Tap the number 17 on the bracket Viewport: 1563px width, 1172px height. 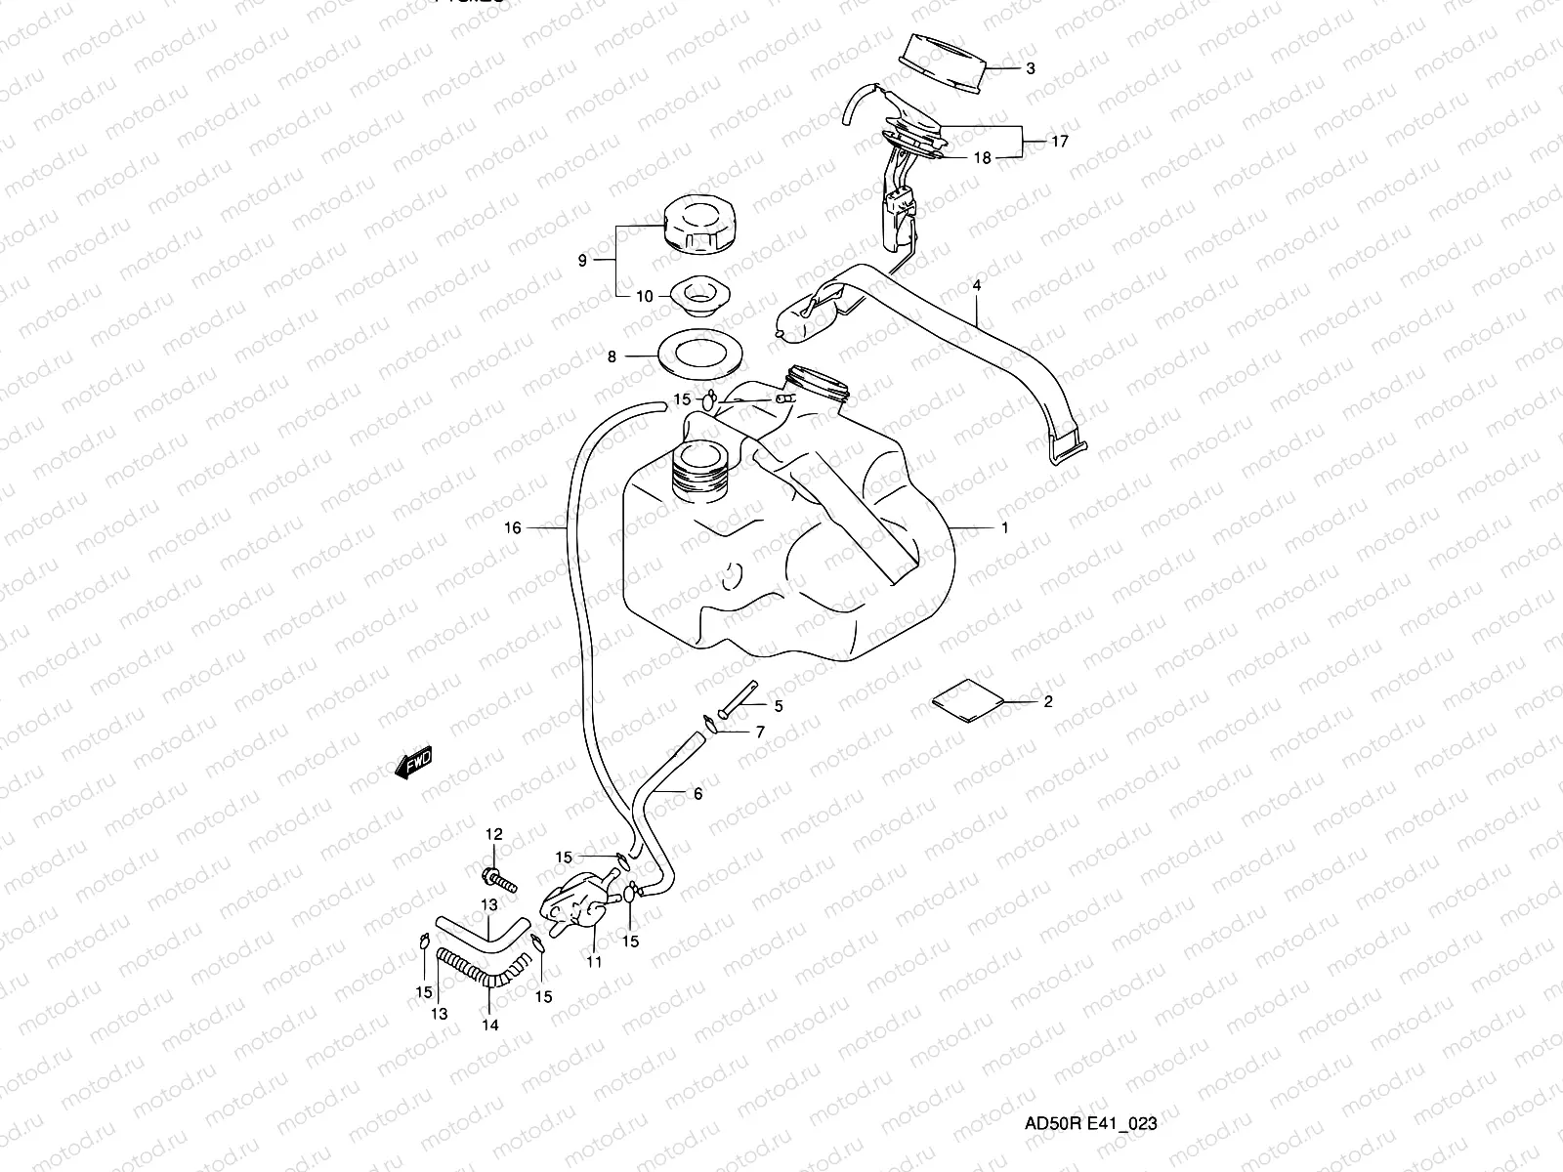(1060, 141)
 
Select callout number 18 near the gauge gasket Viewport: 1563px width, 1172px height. (982, 157)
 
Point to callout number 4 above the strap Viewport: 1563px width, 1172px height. (976, 285)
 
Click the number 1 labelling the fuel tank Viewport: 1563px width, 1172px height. (1003, 527)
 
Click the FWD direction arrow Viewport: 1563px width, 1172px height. (413, 763)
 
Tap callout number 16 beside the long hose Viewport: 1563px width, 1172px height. (513, 527)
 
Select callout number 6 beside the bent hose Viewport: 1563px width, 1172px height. (697, 794)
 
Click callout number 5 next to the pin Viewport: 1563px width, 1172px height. (779, 705)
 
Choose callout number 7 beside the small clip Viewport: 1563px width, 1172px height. (759, 732)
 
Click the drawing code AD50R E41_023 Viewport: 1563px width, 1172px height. (1089, 1123)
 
